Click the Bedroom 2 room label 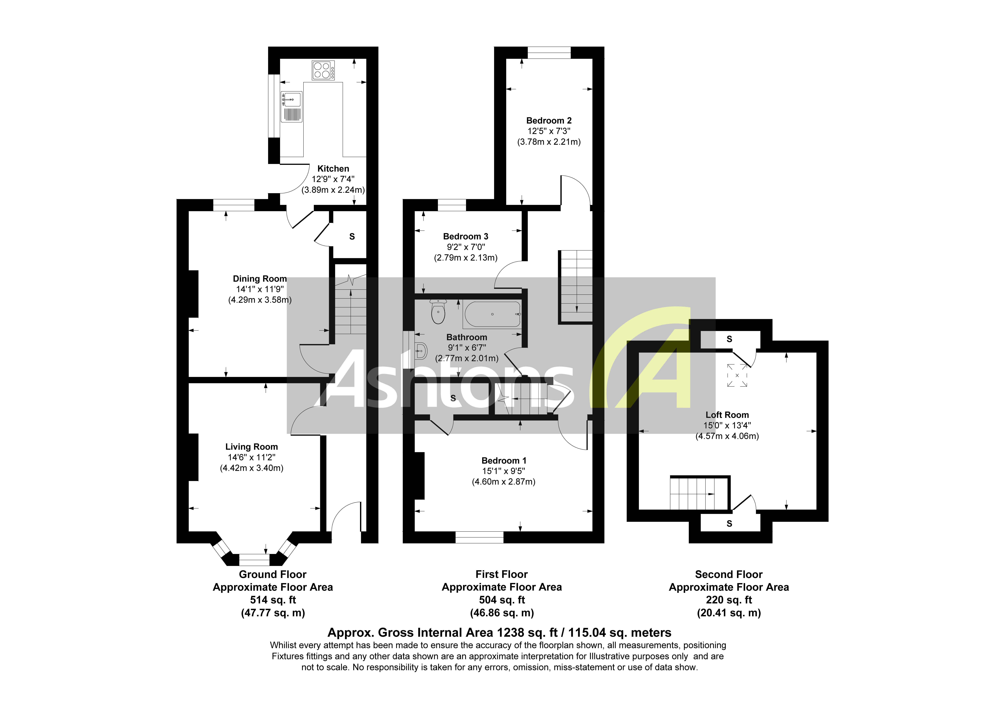point(549,121)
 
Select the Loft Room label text point(727,415)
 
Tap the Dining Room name point(260,279)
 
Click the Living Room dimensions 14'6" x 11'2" point(252,457)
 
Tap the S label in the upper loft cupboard point(729,339)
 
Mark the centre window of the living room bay point(254,560)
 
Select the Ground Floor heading point(273,574)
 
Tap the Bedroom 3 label point(466,236)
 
